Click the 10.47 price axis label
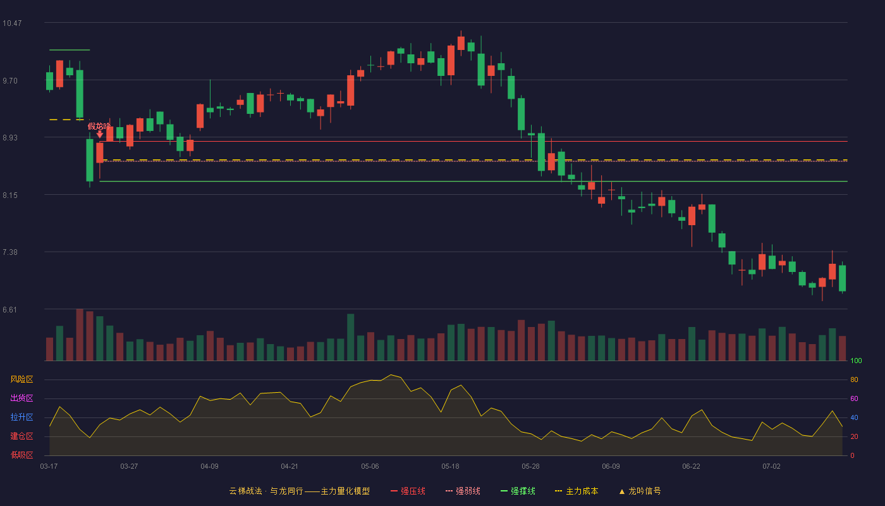(x=12, y=23)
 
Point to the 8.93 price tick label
(x=10, y=138)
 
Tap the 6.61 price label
(x=10, y=309)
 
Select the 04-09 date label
(x=209, y=467)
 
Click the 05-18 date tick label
(x=450, y=467)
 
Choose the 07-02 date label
(x=772, y=467)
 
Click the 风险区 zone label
(x=21, y=379)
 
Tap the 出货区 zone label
(x=21, y=398)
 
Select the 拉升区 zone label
(x=21, y=417)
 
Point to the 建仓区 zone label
(x=21, y=436)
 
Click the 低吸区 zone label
(x=21, y=455)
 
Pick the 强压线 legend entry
(x=408, y=491)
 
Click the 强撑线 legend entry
(x=518, y=491)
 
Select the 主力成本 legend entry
(x=577, y=491)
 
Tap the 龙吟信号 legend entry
(x=640, y=491)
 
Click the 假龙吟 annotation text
(x=99, y=126)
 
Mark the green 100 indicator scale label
(x=856, y=361)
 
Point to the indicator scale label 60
(x=854, y=398)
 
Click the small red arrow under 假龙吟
(x=100, y=134)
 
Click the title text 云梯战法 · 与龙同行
(x=266, y=491)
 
